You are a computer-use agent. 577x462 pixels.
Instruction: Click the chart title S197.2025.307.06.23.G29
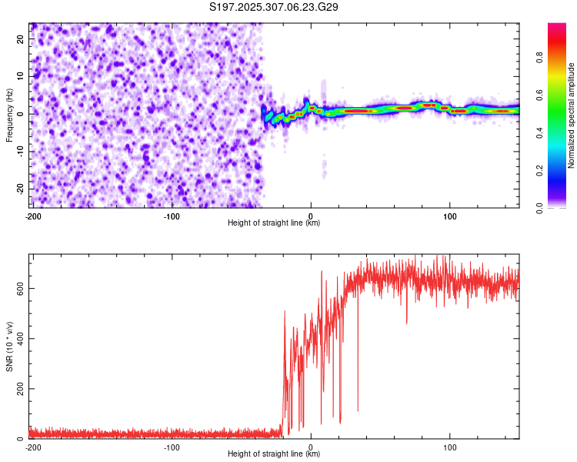[275, 7]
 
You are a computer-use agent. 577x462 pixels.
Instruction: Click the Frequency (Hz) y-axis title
[9, 115]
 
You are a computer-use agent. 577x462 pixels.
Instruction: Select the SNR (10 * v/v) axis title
[9, 346]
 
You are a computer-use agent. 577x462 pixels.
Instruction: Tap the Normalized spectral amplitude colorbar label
[572, 115]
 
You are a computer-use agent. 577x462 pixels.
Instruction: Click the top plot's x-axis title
[274, 223]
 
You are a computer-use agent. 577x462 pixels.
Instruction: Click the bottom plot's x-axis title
[274, 454]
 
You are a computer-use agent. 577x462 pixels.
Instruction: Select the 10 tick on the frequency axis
[21, 76]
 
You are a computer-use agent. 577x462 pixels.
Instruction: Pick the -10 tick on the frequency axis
[19, 151]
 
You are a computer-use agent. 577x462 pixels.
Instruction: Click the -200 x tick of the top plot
[33, 216]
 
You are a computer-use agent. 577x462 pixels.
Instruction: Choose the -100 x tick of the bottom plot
[172, 447]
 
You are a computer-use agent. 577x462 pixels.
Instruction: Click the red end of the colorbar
[557, 28]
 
